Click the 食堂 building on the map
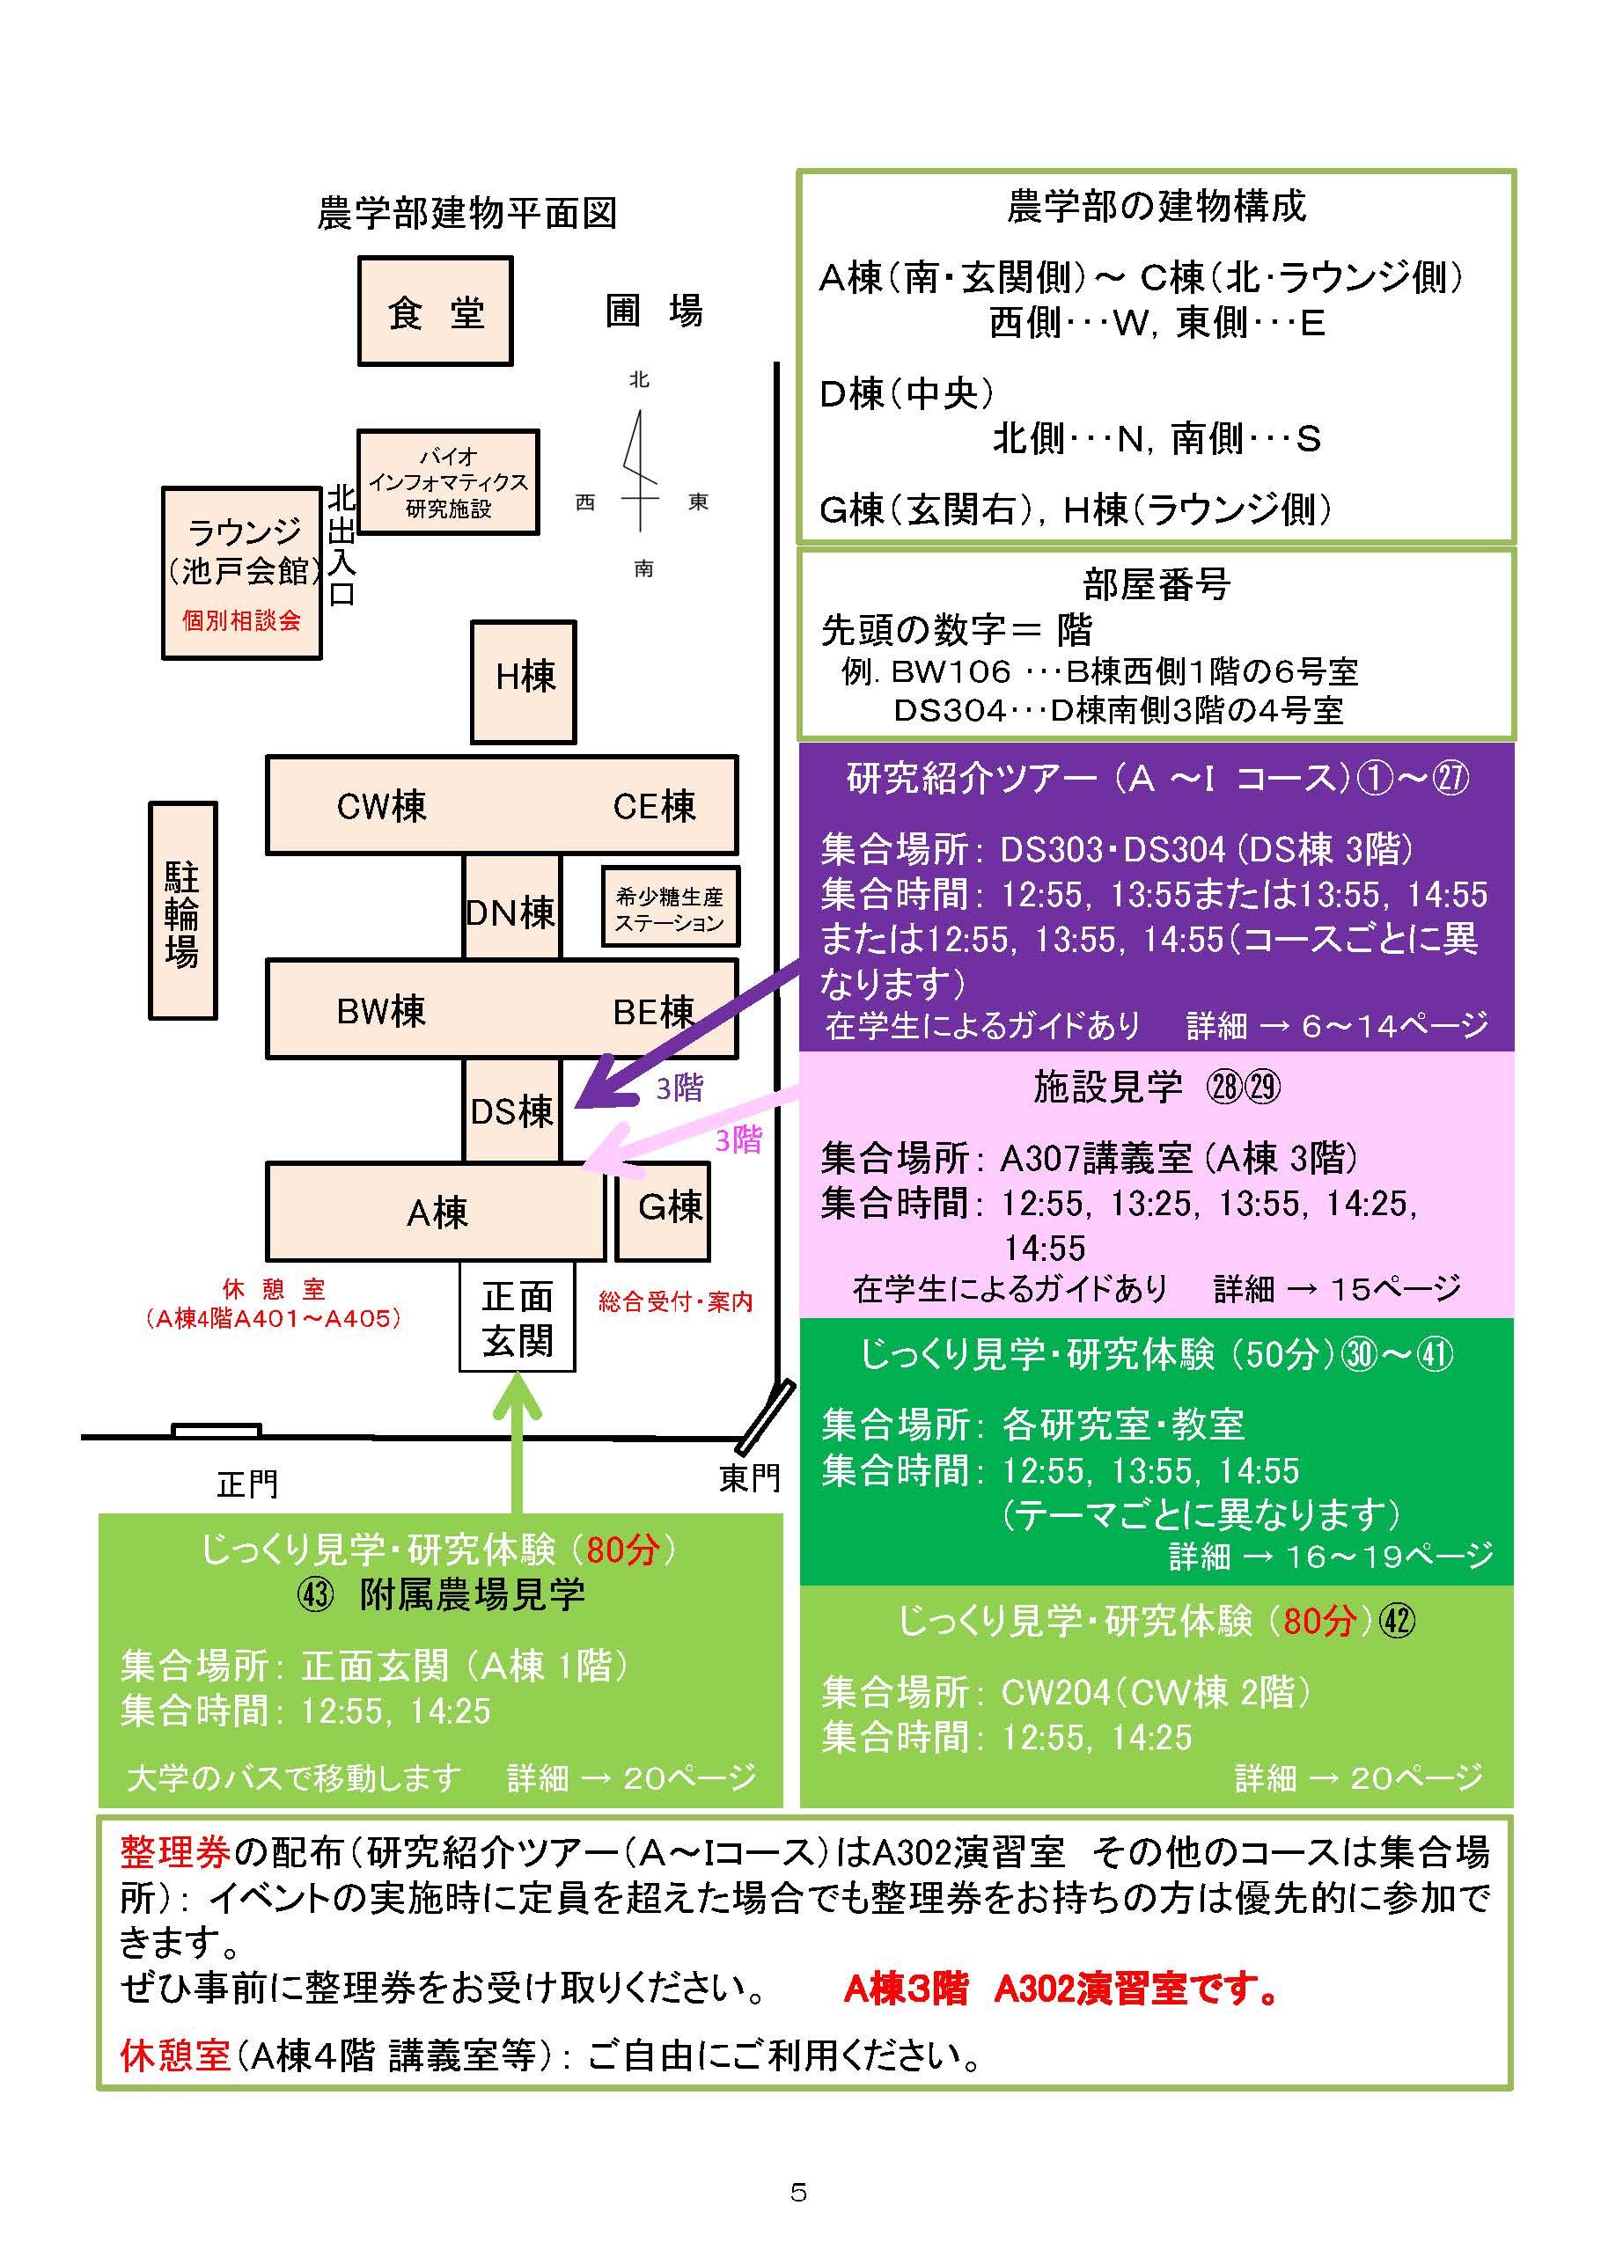click(435, 311)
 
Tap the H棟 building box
click(523, 681)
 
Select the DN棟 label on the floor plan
click(511, 912)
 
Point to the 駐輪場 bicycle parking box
click(182, 911)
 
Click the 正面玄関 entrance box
click(517, 1318)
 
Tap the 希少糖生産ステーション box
click(670, 908)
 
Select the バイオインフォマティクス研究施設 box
click(448, 482)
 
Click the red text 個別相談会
click(242, 620)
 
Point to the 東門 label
click(749, 1477)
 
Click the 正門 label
click(247, 1483)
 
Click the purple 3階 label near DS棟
click(679, 1088)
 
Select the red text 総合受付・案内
click(676, 1301)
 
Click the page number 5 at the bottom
click(799, 2192)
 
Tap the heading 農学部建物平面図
click(466, 213)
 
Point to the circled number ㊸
click(316, 1594)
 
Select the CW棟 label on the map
click(382, 807)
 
